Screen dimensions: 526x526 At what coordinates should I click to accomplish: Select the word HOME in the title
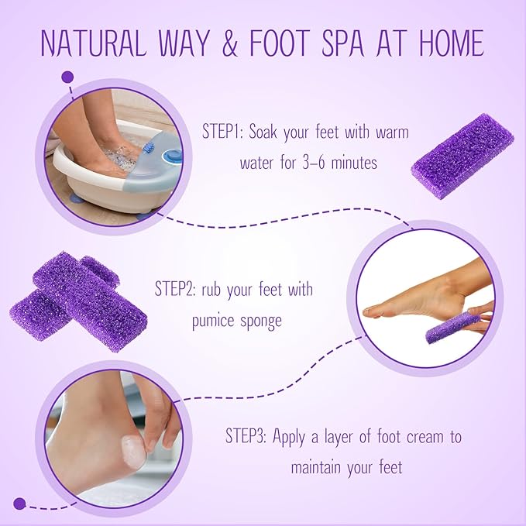pyautogui.click(x=452, y=44)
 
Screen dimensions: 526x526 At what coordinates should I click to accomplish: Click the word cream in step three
pyautogui.click(x=406, y=436)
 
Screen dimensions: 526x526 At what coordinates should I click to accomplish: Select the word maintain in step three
pyautogui.click(x=318, y=468)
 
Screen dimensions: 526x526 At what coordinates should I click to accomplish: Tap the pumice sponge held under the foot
pyautogui.click(x=453, y=327)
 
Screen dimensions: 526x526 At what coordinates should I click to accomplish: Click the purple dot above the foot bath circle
pyautogui.click(x=68, y=77)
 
